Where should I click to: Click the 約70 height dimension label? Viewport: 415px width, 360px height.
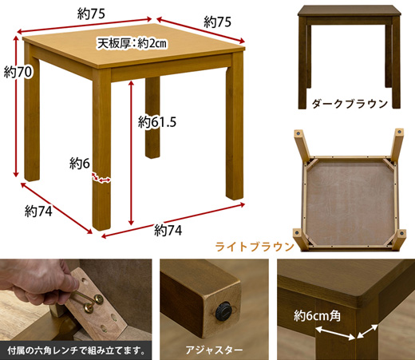click(18, 73)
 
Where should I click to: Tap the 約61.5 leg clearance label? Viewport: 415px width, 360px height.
click(156, 122)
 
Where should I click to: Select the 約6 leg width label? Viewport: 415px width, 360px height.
click(77, 164)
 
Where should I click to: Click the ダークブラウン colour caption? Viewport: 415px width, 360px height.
click(350, 103)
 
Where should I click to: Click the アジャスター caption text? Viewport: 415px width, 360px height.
click(211, 348)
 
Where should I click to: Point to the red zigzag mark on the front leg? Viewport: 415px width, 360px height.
click(101, 179)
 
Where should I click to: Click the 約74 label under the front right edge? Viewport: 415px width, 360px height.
click(169, 231)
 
